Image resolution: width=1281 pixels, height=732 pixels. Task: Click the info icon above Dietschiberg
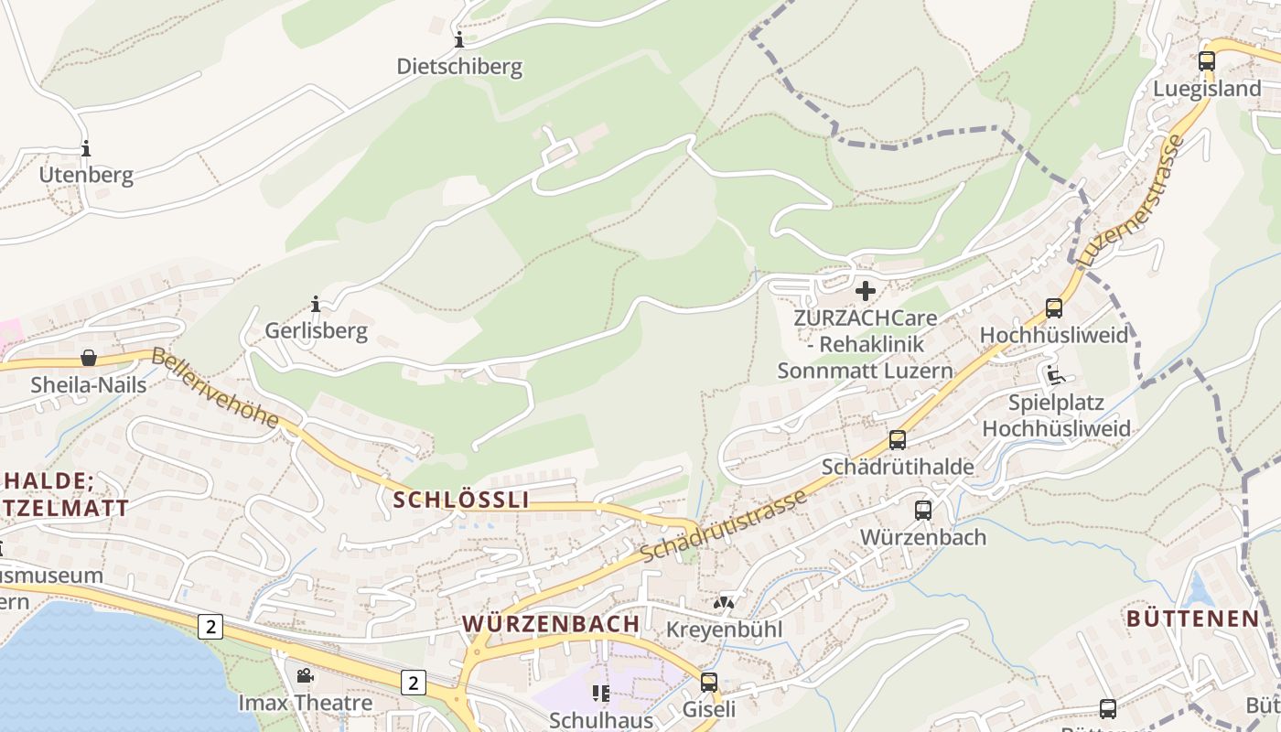[x=459, y=40]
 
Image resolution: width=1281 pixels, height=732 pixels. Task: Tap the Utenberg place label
[x=86, y=175]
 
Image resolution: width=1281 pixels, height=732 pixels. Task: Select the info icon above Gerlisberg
[x=316, y=304]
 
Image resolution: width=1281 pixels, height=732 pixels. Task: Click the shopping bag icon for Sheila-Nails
[x=89, y=358]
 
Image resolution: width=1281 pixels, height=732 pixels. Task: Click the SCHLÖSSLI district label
[x=461, y=500]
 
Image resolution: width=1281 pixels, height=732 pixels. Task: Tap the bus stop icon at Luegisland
[x=1207, y=61]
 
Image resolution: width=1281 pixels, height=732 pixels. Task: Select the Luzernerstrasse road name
[x=1132, y=202]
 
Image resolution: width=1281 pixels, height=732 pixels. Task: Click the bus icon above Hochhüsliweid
[x=1054, y=308]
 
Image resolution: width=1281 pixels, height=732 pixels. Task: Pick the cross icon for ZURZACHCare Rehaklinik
[x=865, y=291]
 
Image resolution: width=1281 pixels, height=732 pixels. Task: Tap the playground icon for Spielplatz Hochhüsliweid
[x=1055, y=375]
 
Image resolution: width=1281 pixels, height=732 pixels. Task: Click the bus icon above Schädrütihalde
[x=898, y=440]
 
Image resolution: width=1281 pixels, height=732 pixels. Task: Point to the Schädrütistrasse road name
[x=724, y=526]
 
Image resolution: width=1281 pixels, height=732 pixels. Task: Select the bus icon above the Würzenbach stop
[x=923, y=511]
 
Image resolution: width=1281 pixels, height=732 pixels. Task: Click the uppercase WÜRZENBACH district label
[x=551, y=624]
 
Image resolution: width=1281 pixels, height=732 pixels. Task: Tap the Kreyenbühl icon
[x=724, y=603]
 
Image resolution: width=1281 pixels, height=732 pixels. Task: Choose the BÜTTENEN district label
[x=1192, y=619]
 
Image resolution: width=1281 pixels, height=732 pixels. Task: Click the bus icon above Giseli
[x=709, y=682]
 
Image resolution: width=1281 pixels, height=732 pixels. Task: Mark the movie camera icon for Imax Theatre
[x=305, y=676]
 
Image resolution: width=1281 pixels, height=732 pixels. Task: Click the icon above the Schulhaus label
[x=601, y=693]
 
